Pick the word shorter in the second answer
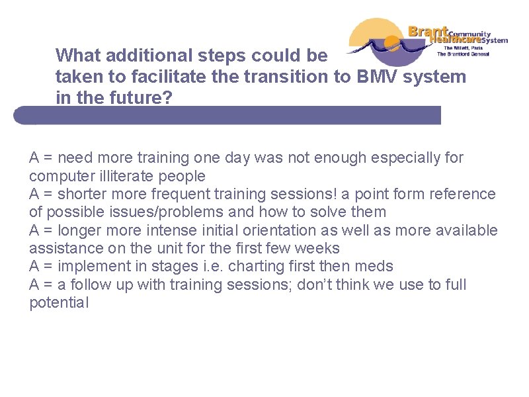point(83,195)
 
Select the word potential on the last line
point(58,303)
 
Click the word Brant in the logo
point(428,32)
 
